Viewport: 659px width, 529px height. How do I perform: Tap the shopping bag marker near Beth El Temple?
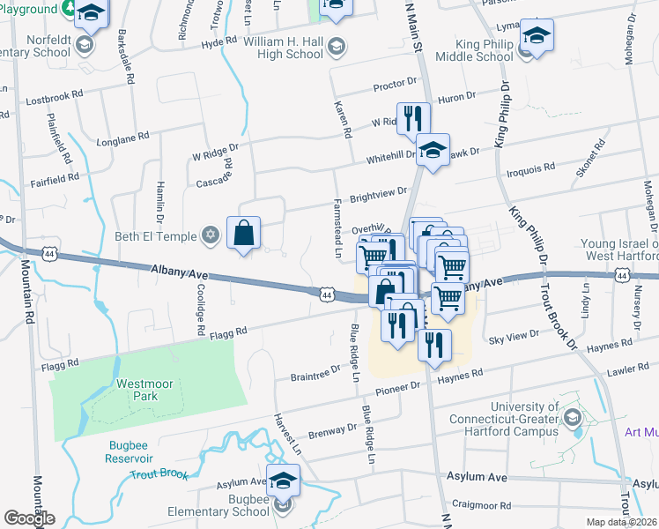tap(244, 234)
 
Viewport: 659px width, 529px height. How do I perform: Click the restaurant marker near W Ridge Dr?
tap(412, 118)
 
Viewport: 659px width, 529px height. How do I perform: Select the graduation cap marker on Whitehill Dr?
tap(433, 151)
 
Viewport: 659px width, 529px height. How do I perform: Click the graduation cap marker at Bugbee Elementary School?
tap(283, 481)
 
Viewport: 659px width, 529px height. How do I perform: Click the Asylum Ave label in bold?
tap(477, 477)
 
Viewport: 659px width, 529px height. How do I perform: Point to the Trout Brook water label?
tap(159, 474)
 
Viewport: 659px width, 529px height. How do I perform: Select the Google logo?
tap(29, 518)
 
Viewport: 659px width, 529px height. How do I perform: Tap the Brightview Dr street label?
tap(379, 192)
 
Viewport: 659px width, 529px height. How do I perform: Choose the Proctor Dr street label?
tap(394, 86)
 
